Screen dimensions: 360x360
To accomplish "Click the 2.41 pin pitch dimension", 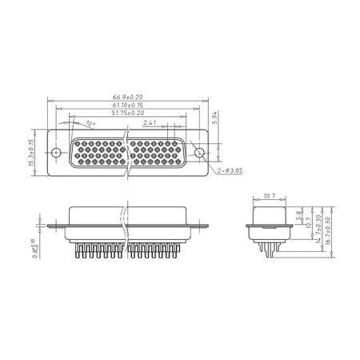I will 150,124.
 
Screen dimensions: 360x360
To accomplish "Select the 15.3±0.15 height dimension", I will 30,152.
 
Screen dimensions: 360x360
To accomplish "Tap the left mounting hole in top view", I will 57,152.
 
